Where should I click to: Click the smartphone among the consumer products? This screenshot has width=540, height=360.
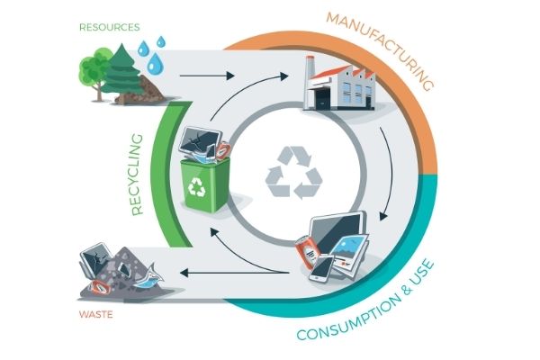click(322, 268)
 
